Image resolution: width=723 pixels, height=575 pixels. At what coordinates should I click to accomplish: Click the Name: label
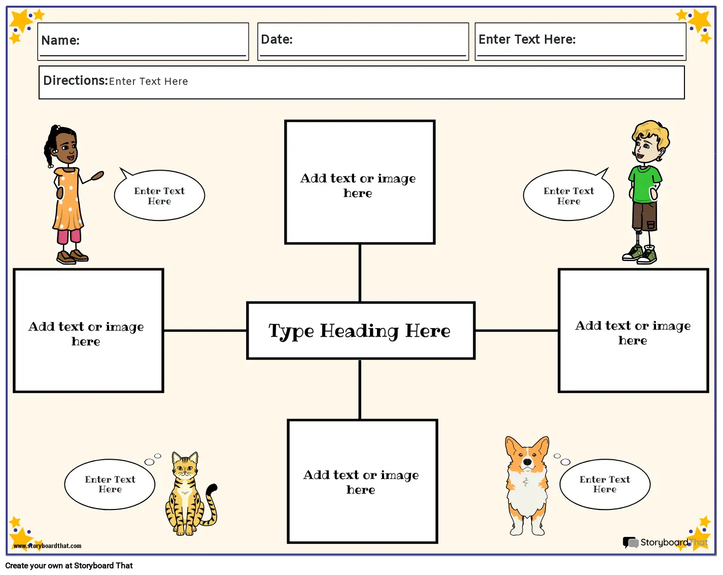[60, 40]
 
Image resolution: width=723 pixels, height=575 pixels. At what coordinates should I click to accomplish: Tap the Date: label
[277, 39]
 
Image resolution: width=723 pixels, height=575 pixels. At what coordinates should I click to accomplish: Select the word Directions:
[76, 80]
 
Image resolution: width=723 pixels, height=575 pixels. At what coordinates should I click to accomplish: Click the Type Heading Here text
[359, 331]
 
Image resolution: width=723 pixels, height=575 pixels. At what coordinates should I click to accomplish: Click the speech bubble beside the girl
[159, 195]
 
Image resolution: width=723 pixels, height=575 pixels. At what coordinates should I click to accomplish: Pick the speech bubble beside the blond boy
[568, 195]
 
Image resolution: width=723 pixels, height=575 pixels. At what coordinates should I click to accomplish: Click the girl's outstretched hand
[97, 175]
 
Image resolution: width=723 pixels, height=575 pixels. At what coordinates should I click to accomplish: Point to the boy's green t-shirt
[645, 184]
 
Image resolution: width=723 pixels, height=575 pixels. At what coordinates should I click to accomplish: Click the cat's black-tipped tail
[210, 505]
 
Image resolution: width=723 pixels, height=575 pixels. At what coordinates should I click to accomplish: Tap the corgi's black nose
[527, 462]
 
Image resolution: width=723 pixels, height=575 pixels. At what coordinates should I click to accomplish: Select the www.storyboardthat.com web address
[47, 546]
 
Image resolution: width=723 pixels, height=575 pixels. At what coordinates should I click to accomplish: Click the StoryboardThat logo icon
[631, 542]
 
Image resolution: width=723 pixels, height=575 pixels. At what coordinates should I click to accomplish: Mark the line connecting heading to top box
[360, 273]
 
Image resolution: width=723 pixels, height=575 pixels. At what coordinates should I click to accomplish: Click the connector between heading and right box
[517, 330]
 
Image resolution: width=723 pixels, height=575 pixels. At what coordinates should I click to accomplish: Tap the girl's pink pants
[69, 236]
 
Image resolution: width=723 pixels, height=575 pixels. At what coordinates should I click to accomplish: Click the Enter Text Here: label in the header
[527, 39]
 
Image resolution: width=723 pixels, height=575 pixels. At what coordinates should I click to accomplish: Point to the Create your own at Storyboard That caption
[69, 565]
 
